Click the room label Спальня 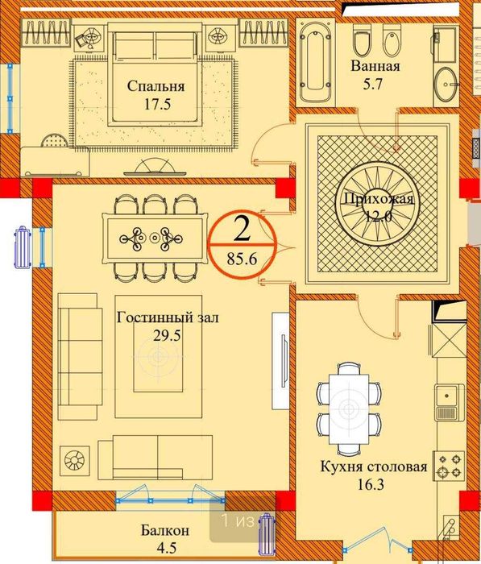(155, 86)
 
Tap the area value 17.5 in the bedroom (155, 104)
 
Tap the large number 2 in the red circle (241, 228)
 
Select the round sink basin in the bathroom (446, 81)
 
